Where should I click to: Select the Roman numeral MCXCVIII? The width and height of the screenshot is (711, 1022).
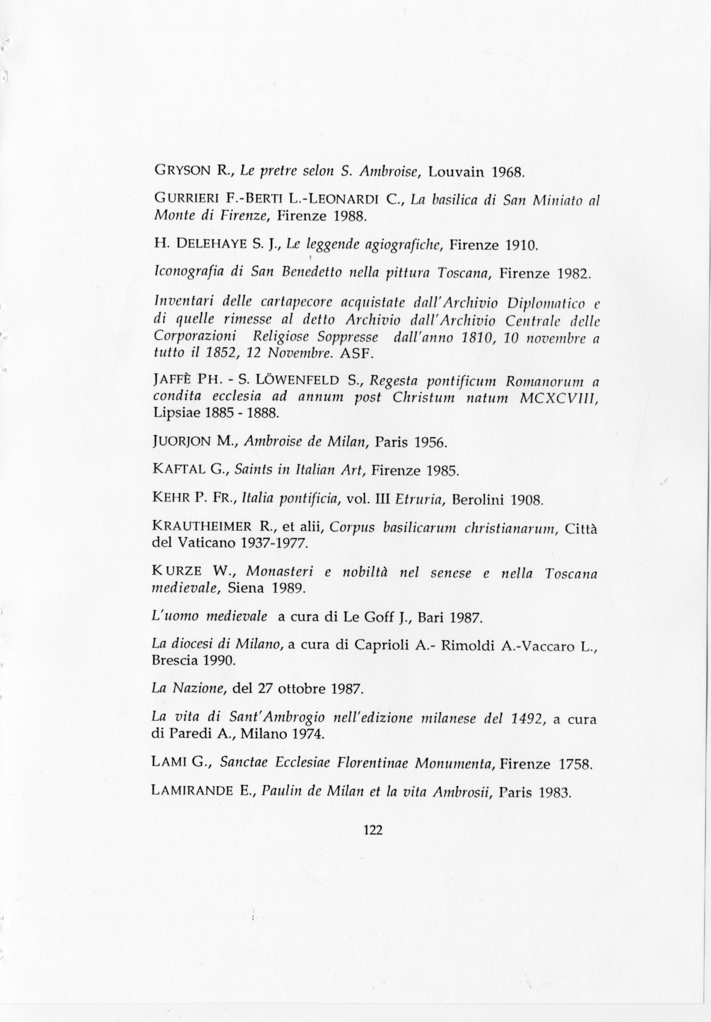(x=558, y=398)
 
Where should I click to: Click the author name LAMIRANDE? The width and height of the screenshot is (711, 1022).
(x=192, y=791)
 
